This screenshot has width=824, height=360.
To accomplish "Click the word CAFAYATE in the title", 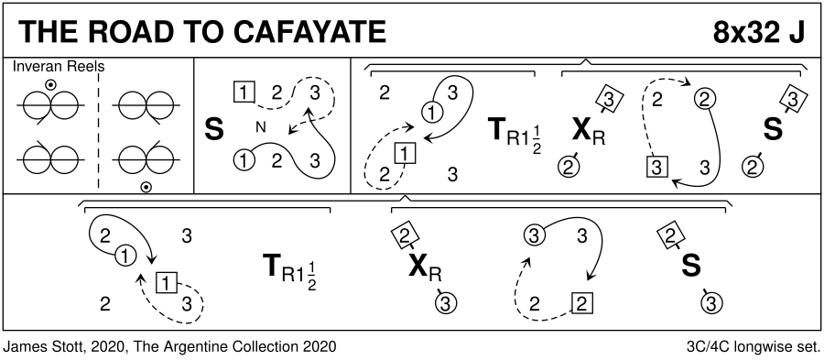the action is point(309,32).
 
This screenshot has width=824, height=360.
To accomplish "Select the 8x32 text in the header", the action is point(742,33).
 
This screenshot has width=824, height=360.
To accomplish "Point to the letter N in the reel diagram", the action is point(260,126).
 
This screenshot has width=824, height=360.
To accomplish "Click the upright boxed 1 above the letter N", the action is point(244,93).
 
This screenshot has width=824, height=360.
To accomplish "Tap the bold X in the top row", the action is point(581,131).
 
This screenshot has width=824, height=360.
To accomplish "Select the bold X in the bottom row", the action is point(418,267).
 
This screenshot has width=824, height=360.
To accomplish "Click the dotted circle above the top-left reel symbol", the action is point(50,84).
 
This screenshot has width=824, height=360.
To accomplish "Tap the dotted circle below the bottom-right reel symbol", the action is point(146,187).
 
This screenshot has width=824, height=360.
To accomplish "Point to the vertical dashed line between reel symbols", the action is point(98,130).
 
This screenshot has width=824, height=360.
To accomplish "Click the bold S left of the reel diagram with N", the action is point(213,130).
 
